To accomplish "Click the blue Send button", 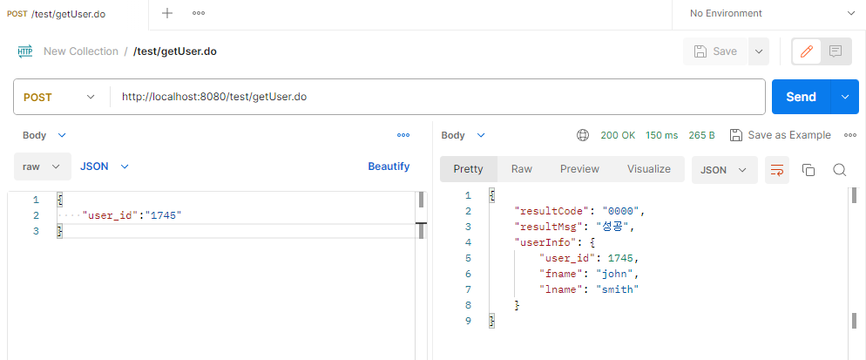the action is pos(801,97).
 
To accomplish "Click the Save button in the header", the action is pos(715,51).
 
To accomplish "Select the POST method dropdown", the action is pos(59,97).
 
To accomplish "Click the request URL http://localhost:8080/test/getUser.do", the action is pos(213,97).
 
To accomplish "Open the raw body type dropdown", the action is pos(42,166).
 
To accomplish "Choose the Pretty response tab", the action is pos(468,169).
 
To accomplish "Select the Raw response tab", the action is pos(522,169).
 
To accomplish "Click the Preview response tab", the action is pos(579,169).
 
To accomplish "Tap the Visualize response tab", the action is pos(648,169).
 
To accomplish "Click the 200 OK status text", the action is pos(618,135).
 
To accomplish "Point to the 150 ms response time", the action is pos(661,135).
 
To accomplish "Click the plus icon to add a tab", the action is pos(167,13).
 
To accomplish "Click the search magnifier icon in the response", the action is pos(840,170).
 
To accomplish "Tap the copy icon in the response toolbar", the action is pos(808,170).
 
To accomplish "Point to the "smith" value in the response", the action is pos(618,289).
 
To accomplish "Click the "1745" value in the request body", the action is pos(165,215).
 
